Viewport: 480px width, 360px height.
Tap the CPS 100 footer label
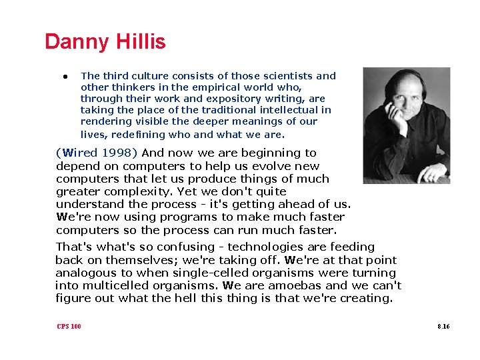pos(69,327)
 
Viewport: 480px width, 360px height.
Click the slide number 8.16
pos(443,327)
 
